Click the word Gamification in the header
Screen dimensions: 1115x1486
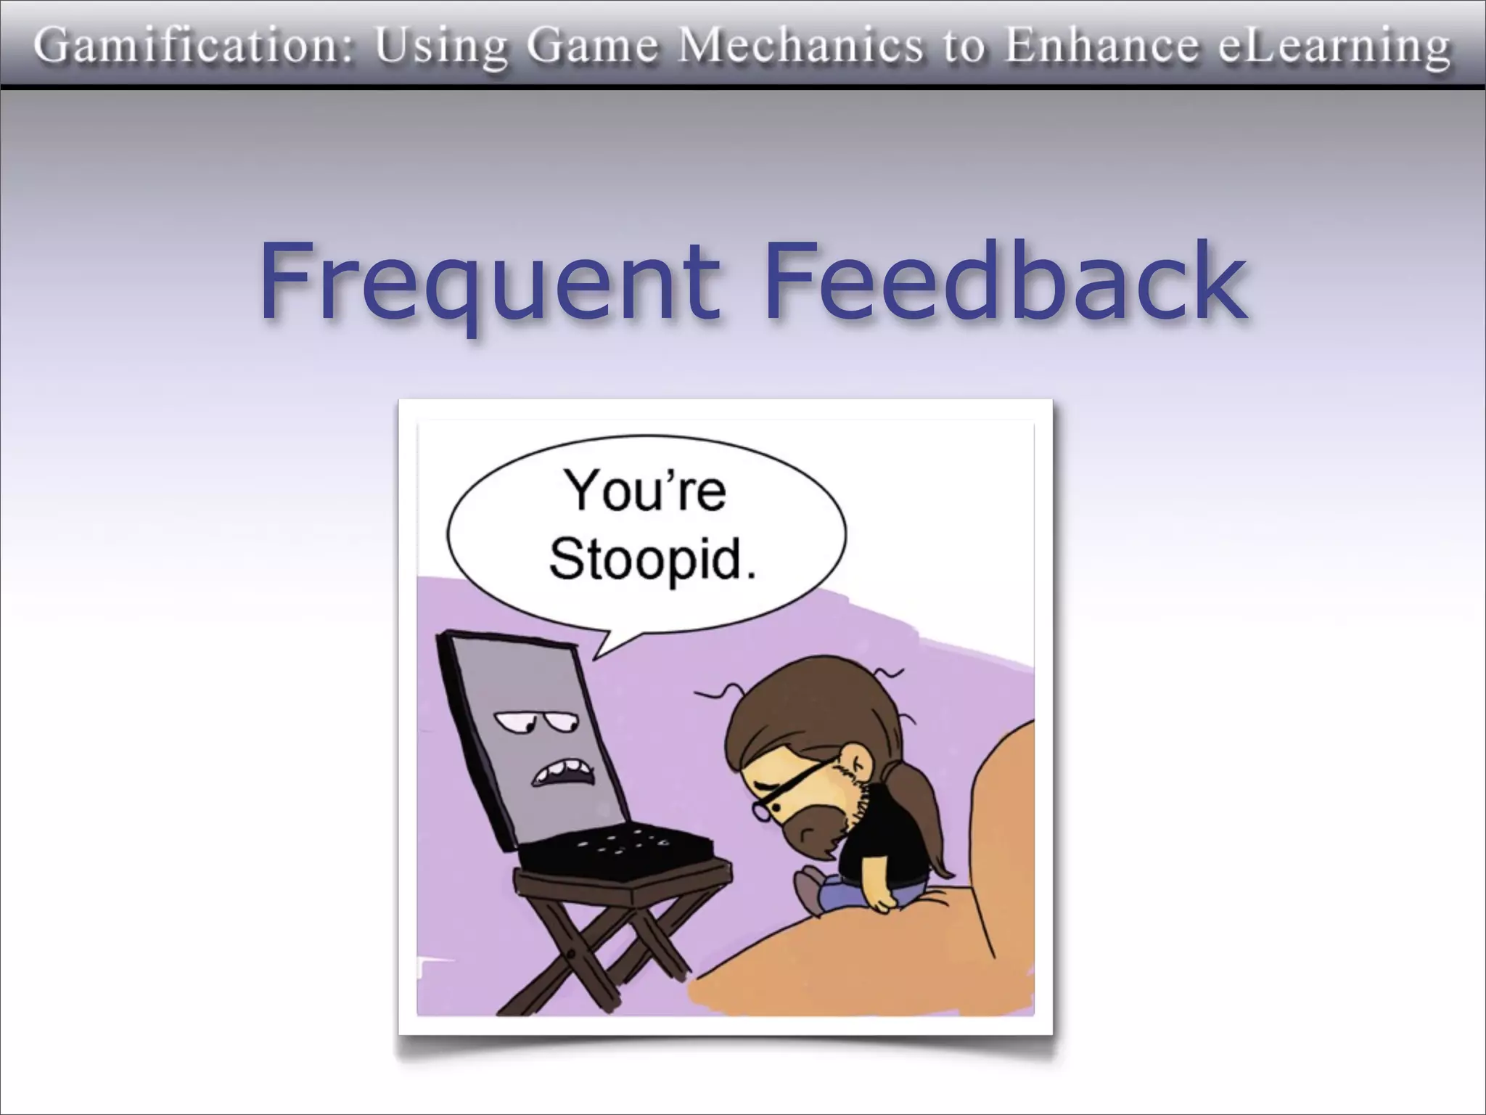pos(192,46)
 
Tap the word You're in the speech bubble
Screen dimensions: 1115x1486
pos(646,492)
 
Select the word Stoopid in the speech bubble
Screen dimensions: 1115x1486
pos(650,560)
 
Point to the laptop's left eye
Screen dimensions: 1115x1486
pos(513,722)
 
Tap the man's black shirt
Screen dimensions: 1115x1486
pos(889,835)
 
